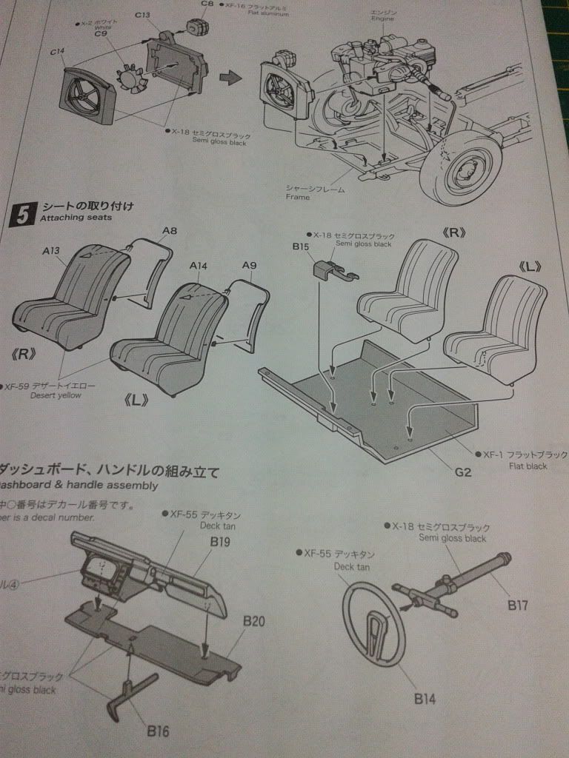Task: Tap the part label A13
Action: point(50,251)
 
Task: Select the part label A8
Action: point(170,231)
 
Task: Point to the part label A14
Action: point(198,265)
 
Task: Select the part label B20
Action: point(253,620)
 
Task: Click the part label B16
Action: point(158,731)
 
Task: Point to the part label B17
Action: point(518,605)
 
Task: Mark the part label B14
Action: point(425,697)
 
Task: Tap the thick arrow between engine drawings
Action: point(235,77)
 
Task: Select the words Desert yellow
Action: point(55,395)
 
